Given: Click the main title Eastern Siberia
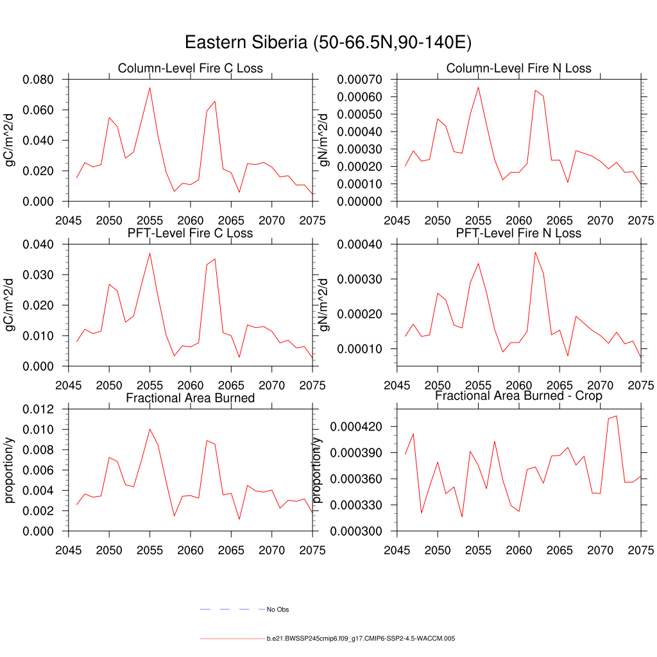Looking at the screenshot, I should point(328,42).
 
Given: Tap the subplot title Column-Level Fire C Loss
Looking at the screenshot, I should point(190,68).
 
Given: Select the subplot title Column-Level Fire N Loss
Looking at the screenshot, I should point(518,68).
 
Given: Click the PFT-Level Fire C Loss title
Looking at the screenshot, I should point(190,233).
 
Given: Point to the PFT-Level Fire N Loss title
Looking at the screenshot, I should point(518,233).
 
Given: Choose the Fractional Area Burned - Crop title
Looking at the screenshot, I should point(518,396).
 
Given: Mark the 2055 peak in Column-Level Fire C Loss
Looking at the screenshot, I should point(149,88).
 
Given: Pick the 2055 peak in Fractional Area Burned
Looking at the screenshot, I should point(149,429).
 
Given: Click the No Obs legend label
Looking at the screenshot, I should point(278,609).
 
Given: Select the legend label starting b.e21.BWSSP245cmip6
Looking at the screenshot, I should point(361,639).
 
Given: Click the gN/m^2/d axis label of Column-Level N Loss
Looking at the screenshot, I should point(323,140).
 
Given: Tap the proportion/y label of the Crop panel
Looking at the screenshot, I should point(317,470).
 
